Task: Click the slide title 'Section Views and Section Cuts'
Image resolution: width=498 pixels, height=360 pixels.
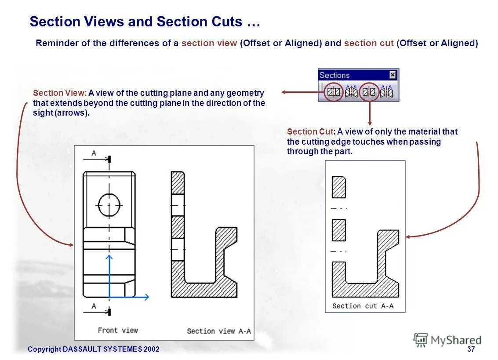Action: [145, 22]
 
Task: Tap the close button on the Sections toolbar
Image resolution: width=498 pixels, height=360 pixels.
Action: [393, 75]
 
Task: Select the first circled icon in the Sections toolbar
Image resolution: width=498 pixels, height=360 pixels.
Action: [334, 92]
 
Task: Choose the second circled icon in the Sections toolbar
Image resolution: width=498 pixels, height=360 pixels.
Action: [369, 92]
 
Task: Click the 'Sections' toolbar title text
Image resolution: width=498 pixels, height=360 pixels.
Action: [334, 75]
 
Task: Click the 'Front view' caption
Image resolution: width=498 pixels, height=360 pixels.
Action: [118, 330]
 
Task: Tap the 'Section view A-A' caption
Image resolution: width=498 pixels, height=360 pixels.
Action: [219, 331]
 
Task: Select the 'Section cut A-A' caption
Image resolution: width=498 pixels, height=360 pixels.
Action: [363, 306]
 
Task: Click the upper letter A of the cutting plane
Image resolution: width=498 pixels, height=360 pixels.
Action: [94, 153]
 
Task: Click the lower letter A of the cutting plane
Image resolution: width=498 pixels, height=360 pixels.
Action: [94, 306]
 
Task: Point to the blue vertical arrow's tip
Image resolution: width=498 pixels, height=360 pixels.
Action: [109, 256]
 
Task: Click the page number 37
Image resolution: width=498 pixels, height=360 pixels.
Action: [471, 349]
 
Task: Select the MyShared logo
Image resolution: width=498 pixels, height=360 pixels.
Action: [447, 340]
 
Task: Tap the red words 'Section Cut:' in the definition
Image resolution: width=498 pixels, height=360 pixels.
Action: [311, 131]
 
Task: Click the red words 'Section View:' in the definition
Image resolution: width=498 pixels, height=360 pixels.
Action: [59, 93]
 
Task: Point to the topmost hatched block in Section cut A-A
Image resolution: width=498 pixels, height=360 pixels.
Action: [339, 187]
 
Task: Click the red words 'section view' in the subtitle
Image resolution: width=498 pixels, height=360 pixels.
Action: [209, 44]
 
